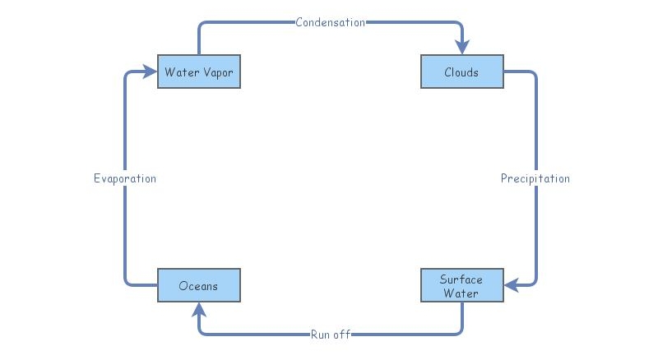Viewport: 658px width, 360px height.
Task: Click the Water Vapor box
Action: (x=198, y=72)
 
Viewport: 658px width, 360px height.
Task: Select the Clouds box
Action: (x=461, y=72)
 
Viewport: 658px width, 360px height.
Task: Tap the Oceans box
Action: (x=198, y=285)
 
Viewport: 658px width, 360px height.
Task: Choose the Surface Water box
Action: (x=461, y=285)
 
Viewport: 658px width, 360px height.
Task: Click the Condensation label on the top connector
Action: (x=330, y=22)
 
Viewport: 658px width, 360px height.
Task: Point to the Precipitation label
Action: (x=535, y=178)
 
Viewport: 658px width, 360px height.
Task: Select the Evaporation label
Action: (x=124, y=178)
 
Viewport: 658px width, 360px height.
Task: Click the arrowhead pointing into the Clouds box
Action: (x=461, y=47)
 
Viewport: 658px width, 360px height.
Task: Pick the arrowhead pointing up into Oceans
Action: (x=198, y=310)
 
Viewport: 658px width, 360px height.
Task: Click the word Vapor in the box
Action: (x=217, y=72)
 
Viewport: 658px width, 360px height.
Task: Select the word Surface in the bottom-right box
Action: (x=461, y=279)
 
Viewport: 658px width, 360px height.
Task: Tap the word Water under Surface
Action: (x=461, y=293)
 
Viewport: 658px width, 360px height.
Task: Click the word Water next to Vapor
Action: (x=181, y=72)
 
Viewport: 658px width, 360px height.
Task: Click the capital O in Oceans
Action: (x=183, y=286)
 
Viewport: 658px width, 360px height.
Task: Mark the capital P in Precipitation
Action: (x=505, y=178)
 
